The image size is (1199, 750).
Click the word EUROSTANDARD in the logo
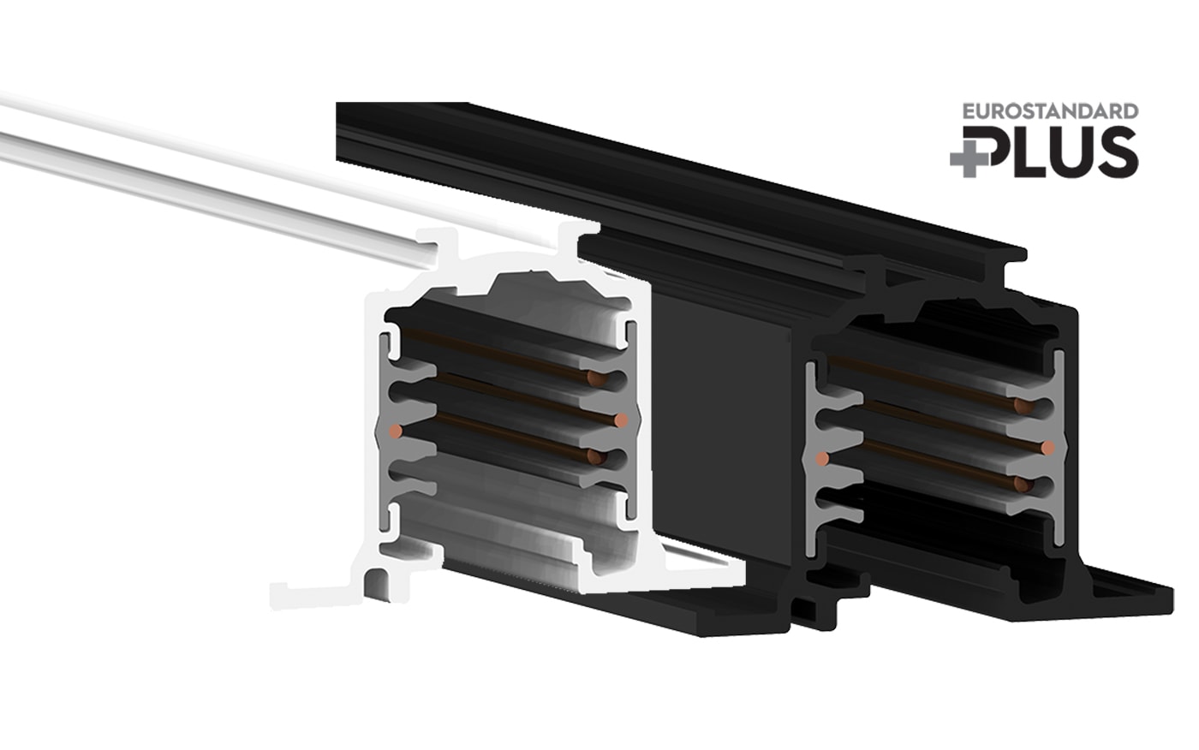(x=1050, y=111)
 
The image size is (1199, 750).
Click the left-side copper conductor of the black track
(x=822, y=459)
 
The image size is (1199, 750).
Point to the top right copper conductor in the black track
(x=1020, y=406)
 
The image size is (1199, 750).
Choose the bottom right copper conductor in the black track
(x=1020, y=485)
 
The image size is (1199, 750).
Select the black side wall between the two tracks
(x=724, y=428)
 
